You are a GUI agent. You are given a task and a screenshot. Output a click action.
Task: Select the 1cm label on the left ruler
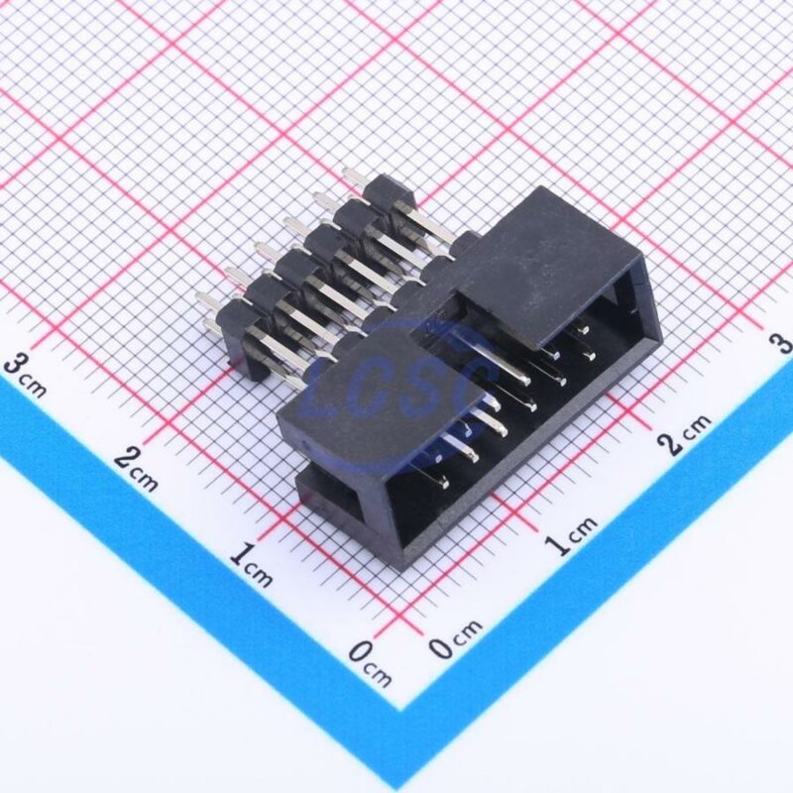tap(251, 564)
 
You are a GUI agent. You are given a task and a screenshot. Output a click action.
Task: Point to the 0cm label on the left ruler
tap(370, 663)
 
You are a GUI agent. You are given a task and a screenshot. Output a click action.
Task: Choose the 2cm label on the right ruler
tap(685, 434)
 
